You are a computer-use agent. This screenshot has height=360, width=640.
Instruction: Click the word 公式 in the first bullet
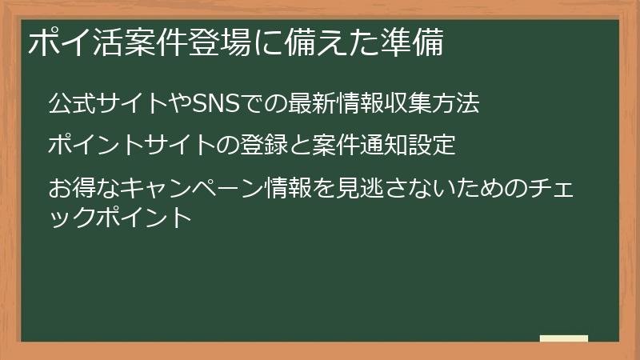66,103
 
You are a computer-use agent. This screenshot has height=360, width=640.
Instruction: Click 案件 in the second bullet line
354,146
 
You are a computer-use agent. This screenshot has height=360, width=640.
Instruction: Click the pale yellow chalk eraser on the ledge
563,339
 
